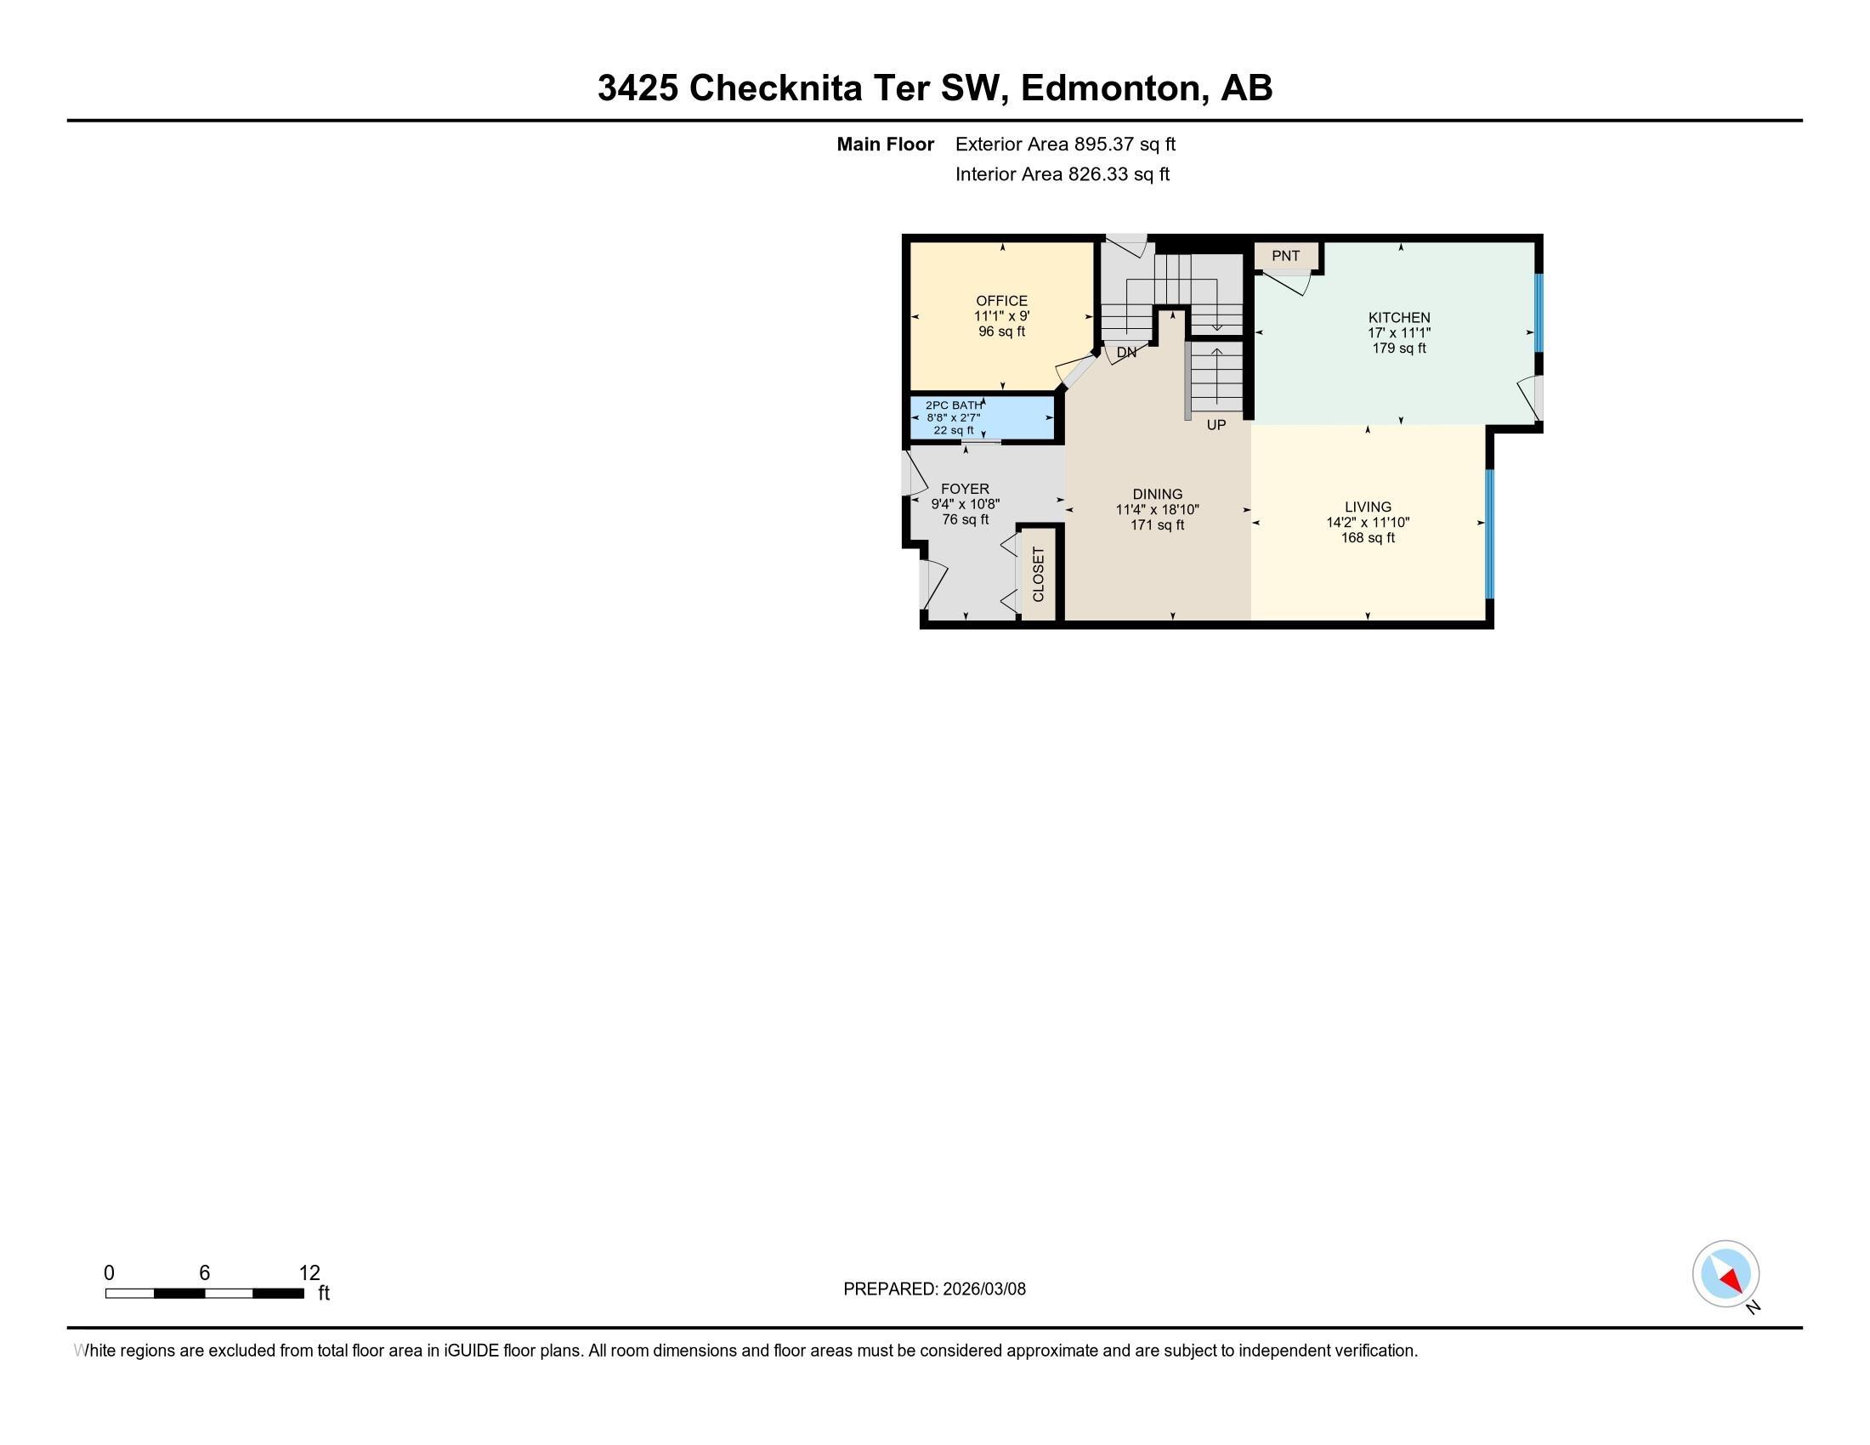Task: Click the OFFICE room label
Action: (x=1002, y=300)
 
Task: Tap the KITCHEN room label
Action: (x=1399, y=318)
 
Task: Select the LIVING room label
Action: (x=1368, y=507)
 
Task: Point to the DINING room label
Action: (x=1158, y=494)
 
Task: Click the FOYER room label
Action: (x=965, y=489)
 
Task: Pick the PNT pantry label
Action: (x=1285, y=256)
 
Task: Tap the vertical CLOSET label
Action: (x=1039, y=575)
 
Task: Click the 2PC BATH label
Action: (x=954, y=405)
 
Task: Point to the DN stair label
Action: (x=1127, y=352)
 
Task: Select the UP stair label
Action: (x=1215, y=425)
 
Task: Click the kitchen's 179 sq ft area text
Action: (x=1399, y=348)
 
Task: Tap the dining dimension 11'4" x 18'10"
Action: (x=1158, y=509)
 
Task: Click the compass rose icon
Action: (x=1725, y=1273)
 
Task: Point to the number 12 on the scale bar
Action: (x=309, y=1273)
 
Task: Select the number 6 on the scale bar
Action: (x=204, y=1273)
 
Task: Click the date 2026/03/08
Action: (x=983, y=1289)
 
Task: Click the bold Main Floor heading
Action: (x=886, y=144)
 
